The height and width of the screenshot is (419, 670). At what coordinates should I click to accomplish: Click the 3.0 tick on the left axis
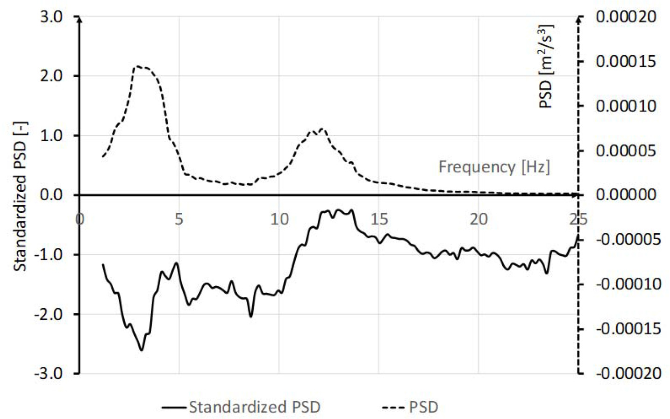tap(50, 17)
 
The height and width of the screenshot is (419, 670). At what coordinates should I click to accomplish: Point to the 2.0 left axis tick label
tap(50, 76)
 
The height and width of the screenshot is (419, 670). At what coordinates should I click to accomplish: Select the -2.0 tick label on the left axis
tap(48, 314)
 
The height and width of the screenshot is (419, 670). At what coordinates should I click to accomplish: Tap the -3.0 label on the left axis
tap(48, 373)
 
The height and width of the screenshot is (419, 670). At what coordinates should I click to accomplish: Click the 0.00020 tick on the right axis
tap(626, 17)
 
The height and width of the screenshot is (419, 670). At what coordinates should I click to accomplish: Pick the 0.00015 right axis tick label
tap(626, 61)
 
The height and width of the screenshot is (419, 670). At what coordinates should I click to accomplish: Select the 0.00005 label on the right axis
tap(626, 151)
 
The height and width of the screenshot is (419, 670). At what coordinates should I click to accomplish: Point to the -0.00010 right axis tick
tap(628, 284)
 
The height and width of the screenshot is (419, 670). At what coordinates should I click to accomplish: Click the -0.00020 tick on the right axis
tap(628, 373)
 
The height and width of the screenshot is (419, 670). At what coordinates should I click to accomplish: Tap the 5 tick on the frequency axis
tap(179, 218)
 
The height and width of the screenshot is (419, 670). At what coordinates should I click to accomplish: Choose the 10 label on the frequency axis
tap(279, 218)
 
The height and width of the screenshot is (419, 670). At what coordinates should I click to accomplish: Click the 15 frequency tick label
tap(379, 218)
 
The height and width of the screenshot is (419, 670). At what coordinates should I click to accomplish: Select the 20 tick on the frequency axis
tap(478, 218)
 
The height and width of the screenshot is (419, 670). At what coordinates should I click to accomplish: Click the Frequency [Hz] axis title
tap(494, 166)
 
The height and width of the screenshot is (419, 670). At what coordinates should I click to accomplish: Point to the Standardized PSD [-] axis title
tap(20, 196)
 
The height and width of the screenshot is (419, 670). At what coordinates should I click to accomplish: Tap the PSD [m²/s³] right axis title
tap(546, 66)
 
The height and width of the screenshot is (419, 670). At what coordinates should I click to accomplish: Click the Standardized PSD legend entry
tap(254, 407)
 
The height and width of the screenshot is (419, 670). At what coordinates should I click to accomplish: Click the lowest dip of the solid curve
tap(142, 350)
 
